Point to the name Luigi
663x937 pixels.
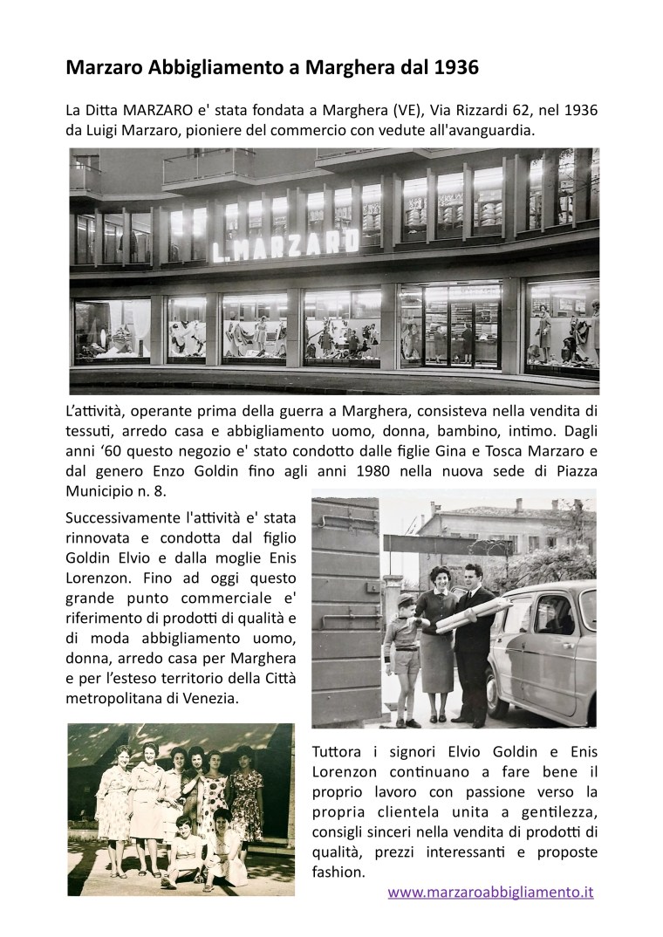[107, 129]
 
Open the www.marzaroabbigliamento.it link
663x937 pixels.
[490, 893]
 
